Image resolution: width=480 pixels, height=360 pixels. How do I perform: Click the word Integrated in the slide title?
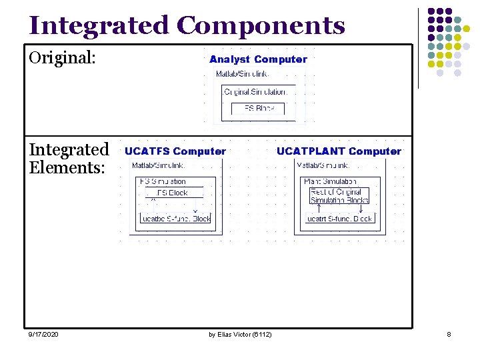tap(99, 25)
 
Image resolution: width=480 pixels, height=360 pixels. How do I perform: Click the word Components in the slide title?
tap(261, 25)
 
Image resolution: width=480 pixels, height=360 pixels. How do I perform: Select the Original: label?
tap(63, 58)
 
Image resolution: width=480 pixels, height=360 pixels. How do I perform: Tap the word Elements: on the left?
tap(67, 167)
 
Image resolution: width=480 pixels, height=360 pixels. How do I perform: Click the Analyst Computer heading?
tap(258, 59)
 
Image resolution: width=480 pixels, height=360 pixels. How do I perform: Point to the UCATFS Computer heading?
tap(175, 151)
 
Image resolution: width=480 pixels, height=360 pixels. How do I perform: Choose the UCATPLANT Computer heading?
tap(339, 151)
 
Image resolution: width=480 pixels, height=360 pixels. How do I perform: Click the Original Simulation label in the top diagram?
tap(256, 91)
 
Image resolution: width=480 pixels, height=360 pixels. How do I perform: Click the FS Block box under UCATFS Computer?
tap(172, 193)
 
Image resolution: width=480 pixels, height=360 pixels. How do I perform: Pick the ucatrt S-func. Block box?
tap(340, 218)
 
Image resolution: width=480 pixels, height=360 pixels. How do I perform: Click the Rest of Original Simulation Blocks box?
tap(339, 196)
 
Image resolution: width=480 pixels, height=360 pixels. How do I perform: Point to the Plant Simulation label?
tap(330, 181)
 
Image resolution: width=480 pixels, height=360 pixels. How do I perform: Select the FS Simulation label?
tap(163, 181)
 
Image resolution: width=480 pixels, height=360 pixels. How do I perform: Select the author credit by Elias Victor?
tap(240, 334)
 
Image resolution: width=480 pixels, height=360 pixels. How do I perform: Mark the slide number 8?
tap(449, 334)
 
